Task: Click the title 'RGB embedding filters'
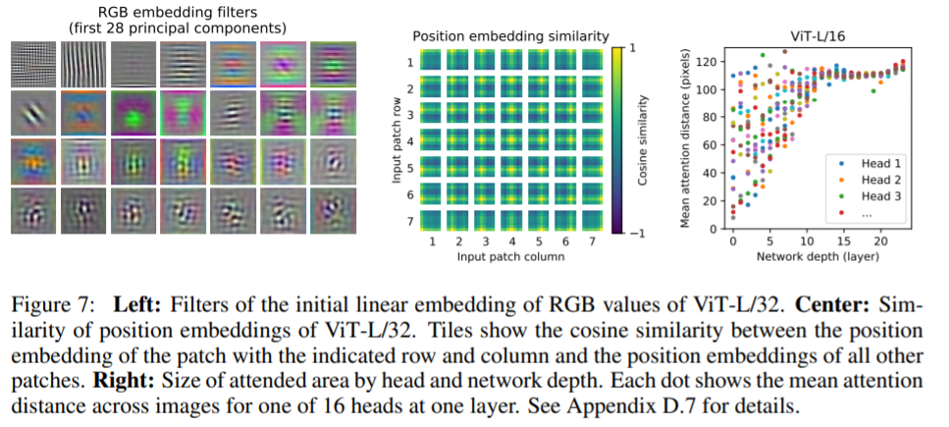(177, 12)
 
